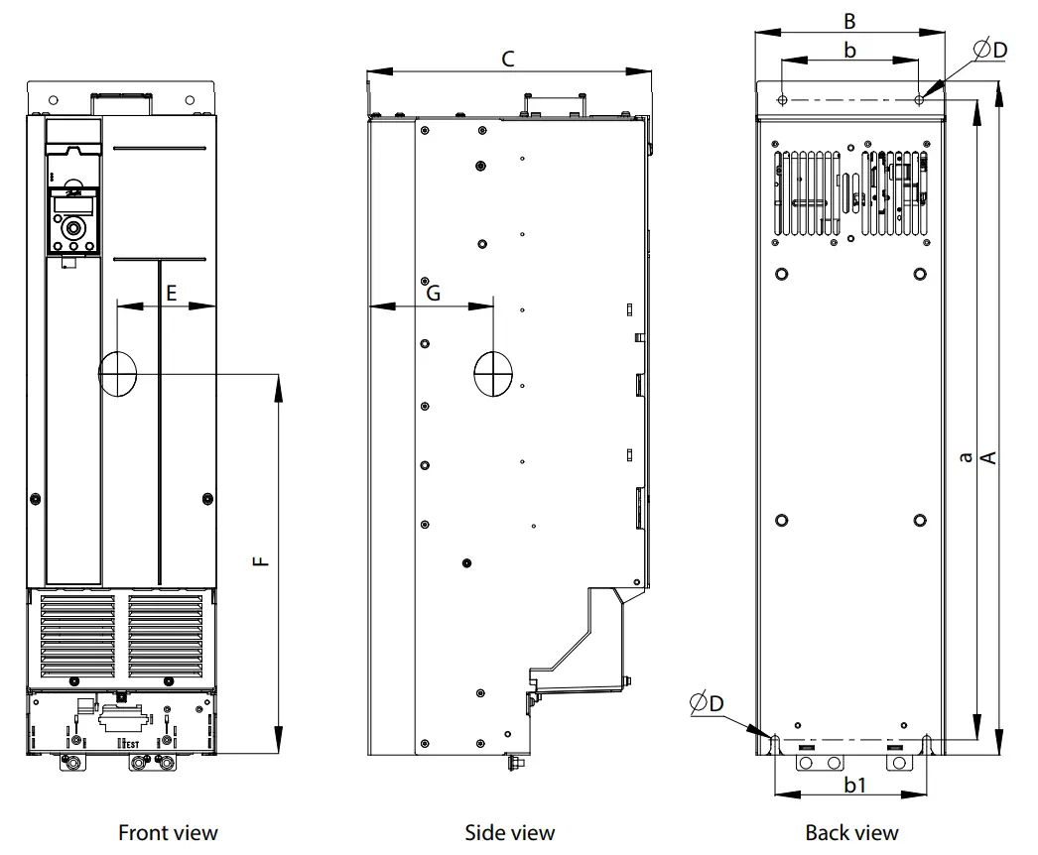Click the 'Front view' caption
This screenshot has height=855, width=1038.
pyautogui.click(x=168, y=832)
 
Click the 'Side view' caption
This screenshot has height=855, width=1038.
pyautogui.click(x=509, y=832)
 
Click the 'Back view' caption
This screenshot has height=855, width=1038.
pyautogui.click(x=851, y=832)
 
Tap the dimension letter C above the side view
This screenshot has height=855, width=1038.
pyautogui.click(x=507, y=59)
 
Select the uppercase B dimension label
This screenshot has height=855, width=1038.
pyautogui.click(x=849, y=20)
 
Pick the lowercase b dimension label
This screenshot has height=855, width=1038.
pyautogui.click(x=849, y=50)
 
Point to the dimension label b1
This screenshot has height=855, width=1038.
pyautogui.click(x=855, y=785)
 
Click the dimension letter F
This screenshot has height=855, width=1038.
pyautogui.click(x=260, y=561)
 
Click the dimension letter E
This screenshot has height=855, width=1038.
pyautogui.click(x=171, y=293)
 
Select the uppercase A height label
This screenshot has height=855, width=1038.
pyautogui.click(x=988, y=456)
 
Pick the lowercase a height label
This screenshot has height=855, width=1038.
pyautogui.click(x=965, y=456)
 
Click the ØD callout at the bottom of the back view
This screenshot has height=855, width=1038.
pyautogui.click(x=707, y=702)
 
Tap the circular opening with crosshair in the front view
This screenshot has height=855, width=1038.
pyautogui.click(x=118, y=373)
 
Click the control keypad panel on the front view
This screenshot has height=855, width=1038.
pyautogui.click(x=73, y=219)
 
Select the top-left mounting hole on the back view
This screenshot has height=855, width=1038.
pyautogui.click(x=783, y=100)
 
